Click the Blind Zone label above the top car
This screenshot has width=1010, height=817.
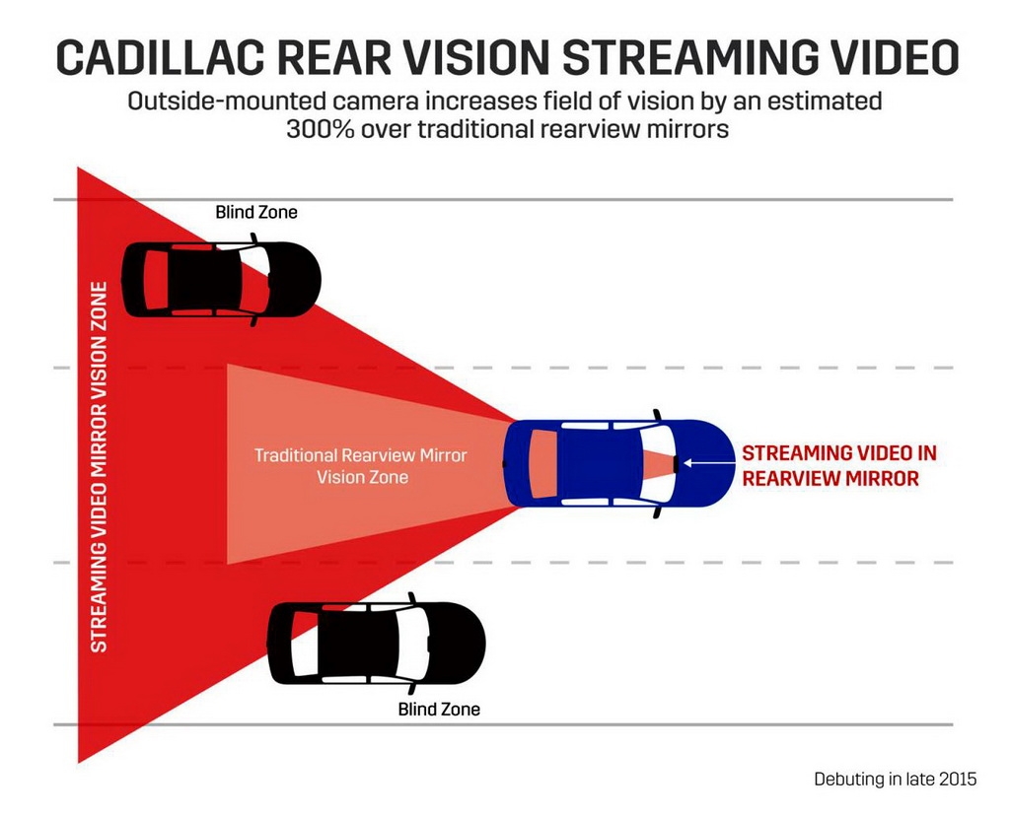pos(256,211)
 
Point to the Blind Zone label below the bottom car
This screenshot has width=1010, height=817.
pos(439,709)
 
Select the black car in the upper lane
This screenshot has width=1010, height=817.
pos(221,280)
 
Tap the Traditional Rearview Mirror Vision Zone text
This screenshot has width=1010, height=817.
pos(361,466)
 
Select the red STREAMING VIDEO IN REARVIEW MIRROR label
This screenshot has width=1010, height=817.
pos(838,465)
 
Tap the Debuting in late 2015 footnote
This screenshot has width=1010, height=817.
pos(895,779)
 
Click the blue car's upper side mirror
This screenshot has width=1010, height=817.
pos(655,414)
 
